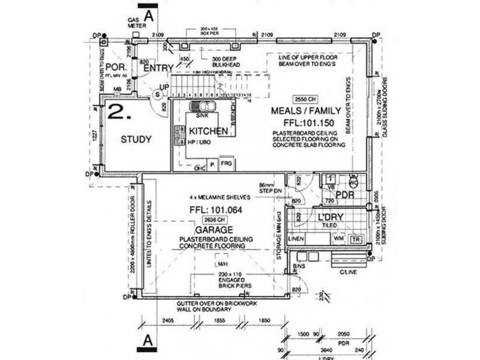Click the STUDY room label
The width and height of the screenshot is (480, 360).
pyautogui.click(x=136, y=139)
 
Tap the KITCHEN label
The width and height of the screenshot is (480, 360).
pyautogui.click(x=208, y=131)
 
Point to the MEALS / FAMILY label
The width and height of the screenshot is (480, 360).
pyautogui.click(x=306, y=111)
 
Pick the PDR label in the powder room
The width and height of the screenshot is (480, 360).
pyautogui.click(x=344, y=195)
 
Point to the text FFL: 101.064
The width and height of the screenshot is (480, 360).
pyautogui.click(x=209, y=210)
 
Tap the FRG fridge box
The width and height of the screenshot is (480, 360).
pyautogui.click(x=226, y=163)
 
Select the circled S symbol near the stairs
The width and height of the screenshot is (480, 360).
pyautogui.click(x=158, y=94)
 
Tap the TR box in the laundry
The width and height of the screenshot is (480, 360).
pyautogui.click(x=356, y=239)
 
